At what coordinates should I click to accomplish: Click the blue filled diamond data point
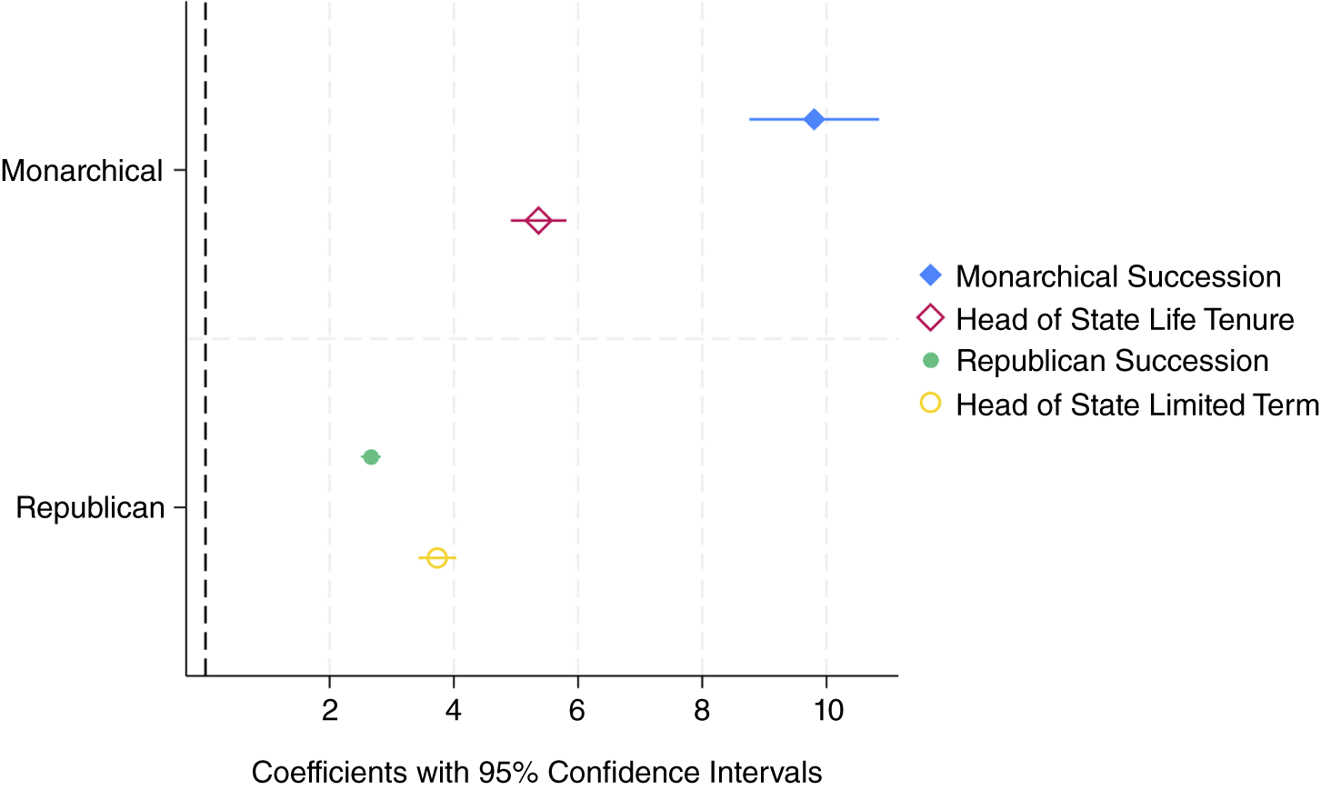click(x=814, y=119)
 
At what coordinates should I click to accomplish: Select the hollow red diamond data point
click(x=538, y=220)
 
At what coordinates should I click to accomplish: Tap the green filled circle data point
click(x=371, y=456)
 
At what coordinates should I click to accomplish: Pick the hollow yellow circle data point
click(x=436, y=557)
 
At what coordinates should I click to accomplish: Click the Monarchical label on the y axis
click(x=82, y=171)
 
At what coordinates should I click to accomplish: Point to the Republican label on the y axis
click(x=90, y=507)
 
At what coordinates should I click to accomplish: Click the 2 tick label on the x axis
click(x=329, y=710)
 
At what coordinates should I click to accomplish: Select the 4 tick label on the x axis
click(x=454, y=710)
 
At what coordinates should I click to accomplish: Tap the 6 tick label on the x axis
click(x=577, y=710)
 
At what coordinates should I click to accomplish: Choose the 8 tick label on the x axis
click(x=702, y=710)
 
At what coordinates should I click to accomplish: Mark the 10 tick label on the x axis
click(x=827, y=710)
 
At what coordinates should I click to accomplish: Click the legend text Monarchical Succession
click(x=1118, y=276)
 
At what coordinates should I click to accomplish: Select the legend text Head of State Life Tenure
click(x=1125, y=319)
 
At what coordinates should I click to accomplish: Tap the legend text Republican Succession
click(x=1112, y=361)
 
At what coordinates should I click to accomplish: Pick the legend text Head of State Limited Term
click(x=1136, y=405)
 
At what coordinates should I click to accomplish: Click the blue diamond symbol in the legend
click(x=930, y=275)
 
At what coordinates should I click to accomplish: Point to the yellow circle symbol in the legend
click(x=930, y=403)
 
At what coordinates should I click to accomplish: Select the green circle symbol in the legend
click(x=930, y=361)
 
